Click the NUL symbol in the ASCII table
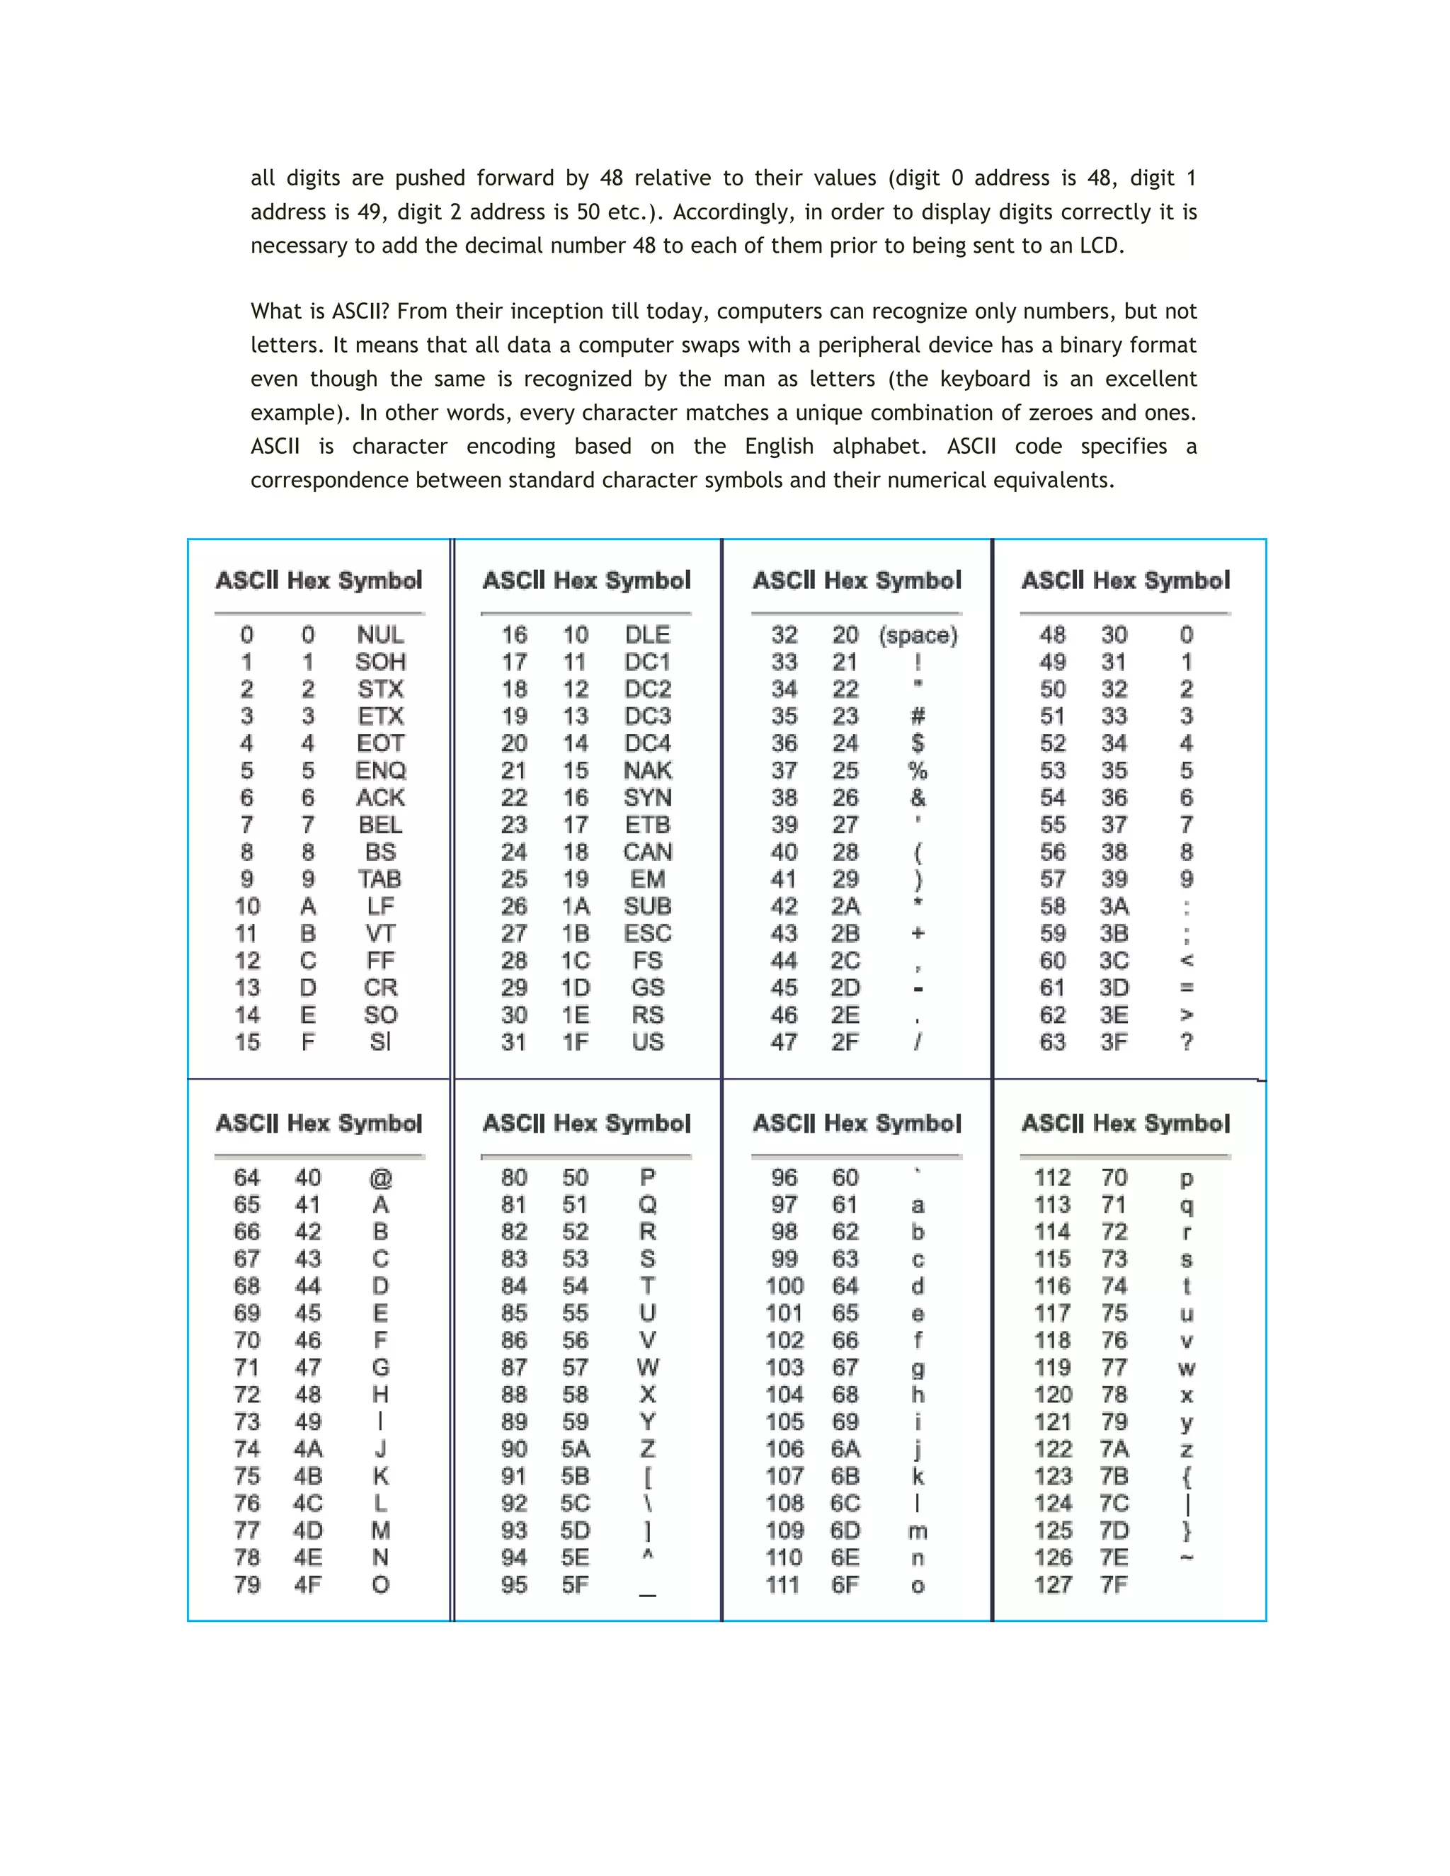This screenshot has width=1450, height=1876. pyautogui.click(x=379, y=635)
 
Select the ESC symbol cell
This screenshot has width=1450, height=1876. pyautogui.click(x=648, y=934)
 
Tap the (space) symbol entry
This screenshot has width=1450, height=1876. pyautogui.click(x=918, y=636)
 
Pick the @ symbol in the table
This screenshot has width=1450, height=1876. pyautogui.click(x=380, y=1179)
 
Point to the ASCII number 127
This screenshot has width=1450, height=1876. pyautogui.click(x=1052, y=1585)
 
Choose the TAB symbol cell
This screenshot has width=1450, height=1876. pyautogui.click(x=379, y=879)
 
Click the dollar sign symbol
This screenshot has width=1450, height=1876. pyautogui.click(x=918, y=744)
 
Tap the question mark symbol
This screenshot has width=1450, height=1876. pyautogui.click(x=1187, y=1042)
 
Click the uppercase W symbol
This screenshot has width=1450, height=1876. pyautogui.click(x=648, y=1368)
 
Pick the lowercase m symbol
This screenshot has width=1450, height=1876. pyautogui.click(x=918, y=1531)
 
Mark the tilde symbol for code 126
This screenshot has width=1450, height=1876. pyautogui.click(x=1187, y=1557)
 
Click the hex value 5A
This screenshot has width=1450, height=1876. pyautogui.click(x=575, y=1449)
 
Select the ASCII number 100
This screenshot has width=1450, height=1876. pyautogui.click(x=784, y=1286)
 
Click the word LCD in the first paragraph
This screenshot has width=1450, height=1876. pyautogui.click(x=1100, y=246)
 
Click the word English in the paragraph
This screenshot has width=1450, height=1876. pyautogui.click(x=778, y=447)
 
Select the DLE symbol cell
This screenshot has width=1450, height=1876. pyautogui.click(x=647, y=635)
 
